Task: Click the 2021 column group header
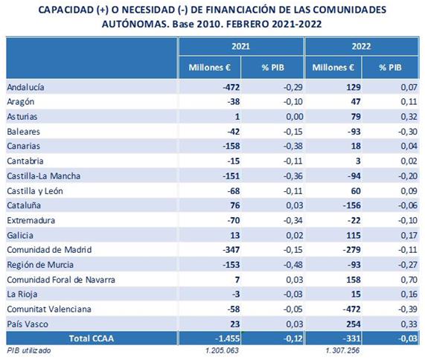(240, 46)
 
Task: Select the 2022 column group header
(361, 46)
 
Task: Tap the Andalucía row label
(25, 87)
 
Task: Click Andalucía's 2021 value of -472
(231, 87)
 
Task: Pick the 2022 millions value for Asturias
(355, 117)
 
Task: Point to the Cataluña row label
(24, 205)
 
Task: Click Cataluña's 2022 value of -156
(352, 205)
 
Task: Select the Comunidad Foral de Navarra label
(61, 280)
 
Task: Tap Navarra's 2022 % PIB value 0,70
(409, 280)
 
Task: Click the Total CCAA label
(92, 338)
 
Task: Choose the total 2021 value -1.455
(228, 338)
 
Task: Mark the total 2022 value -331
(352, 338)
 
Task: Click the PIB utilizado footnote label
(29, 350)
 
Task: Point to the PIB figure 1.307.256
(342, 350)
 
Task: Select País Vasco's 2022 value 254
(354, 324)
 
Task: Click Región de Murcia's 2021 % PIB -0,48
(293, 265)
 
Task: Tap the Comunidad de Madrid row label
(49, 250)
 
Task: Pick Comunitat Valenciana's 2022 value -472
(352, 309)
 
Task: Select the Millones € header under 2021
(209, 68)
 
